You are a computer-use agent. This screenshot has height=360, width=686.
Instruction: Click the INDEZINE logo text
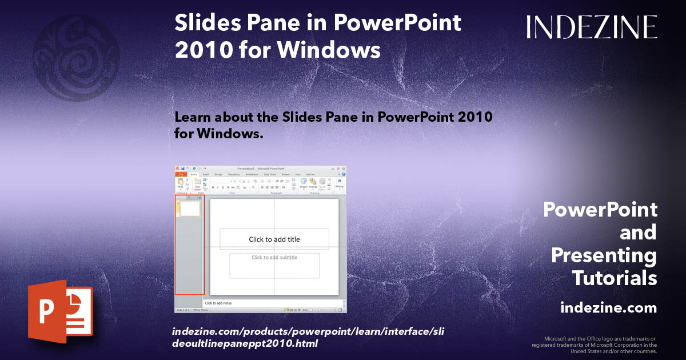click(591, 27)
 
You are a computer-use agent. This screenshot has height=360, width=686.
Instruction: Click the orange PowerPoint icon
click(60, 311)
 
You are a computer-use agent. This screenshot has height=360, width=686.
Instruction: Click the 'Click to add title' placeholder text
click(274, 239)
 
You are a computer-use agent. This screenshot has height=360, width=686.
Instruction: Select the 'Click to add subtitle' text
click(274, 258)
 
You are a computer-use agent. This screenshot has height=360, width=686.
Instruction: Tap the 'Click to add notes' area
click(218, 303)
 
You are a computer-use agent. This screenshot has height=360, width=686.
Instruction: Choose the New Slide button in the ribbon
click(197, 183)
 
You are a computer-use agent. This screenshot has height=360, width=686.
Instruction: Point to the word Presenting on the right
click(604, 255)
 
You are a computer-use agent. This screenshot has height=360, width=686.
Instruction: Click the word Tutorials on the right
click(614, 278)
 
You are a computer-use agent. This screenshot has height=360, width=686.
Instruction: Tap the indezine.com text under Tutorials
click(608, 308)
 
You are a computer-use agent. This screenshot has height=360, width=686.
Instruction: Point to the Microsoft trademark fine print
click(595, 345)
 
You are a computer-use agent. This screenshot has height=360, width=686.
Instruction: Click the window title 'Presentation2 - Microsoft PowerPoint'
click(261, 169)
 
